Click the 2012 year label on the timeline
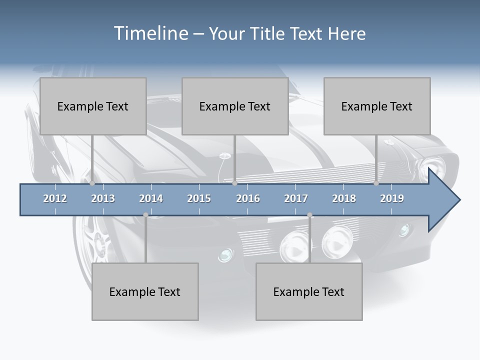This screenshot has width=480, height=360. pyautogui.click(x=55, y=198)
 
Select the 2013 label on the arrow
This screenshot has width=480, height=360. pyautogui.click(x=103, y=198)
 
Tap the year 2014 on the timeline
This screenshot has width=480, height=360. pyautogui.click(x=151, y=198)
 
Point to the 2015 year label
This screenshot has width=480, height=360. pyautogui.click(x=199, y=198)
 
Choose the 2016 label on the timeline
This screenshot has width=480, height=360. pyautogui.click(x=248, y=198)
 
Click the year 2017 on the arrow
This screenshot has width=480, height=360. pyautogui.click(x=296, y=198)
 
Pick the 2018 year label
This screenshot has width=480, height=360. pyautogui.click(x=344, y=198)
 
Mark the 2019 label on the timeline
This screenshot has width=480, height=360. pyautogui.click(x=392, y=198)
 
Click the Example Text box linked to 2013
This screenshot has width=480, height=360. pyautogui.click(x=93, y=106)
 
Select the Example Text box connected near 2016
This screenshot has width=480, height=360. pyautogui.click(x=235, y=106)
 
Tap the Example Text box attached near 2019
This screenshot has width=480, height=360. pyautogui.click(x=377, y=106)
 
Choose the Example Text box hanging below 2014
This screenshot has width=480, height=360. pyautogui.click(x=145, y=291)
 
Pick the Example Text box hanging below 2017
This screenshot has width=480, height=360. pyautogui.click(x=309, y=291)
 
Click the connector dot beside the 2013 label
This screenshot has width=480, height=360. pyautogui.click(x=92, y=183)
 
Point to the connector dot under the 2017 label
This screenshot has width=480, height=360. pyautogui.click(x=309, y=215)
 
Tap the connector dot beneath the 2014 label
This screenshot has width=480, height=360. pyautogui.click(x=145, y=215)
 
